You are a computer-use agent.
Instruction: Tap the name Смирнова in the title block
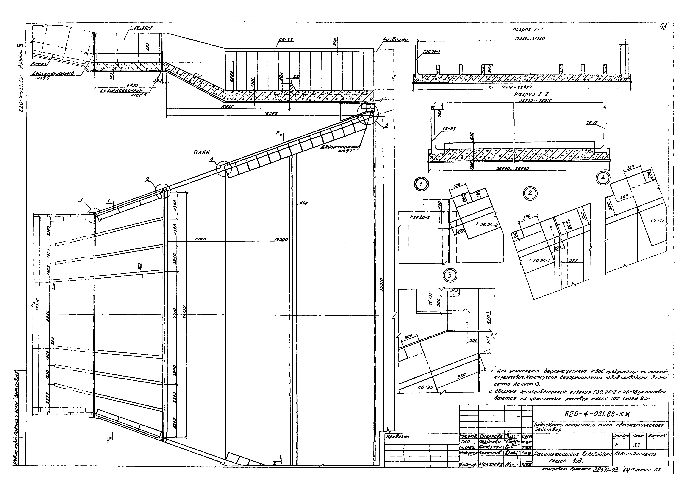coord(491,436)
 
